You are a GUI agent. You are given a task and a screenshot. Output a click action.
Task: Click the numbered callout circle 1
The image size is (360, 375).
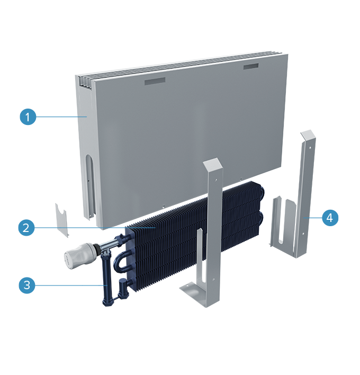coord(28,117)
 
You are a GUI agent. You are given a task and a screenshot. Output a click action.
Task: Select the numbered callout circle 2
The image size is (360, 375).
coord(26,227)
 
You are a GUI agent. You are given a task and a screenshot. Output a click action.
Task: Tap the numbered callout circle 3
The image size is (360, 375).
coord(27,285)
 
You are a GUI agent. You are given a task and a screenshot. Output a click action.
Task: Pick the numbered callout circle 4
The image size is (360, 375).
coord(330,218)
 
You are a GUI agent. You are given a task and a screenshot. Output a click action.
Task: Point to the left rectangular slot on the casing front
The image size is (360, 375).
coord(155,82)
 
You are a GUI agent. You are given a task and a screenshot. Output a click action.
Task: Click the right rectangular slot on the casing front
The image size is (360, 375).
coord(251,66)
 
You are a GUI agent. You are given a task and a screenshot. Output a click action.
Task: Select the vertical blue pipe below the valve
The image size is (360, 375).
coord(106,280)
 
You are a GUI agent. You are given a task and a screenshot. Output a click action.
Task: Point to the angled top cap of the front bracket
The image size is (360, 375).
coord(213,165)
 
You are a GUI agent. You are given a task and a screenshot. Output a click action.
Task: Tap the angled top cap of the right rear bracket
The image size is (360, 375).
coord(308,135)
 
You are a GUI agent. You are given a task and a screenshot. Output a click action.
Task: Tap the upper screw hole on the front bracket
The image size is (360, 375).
coord(217,180)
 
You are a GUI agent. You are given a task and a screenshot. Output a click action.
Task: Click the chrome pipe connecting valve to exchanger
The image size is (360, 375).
coord(107,244)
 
